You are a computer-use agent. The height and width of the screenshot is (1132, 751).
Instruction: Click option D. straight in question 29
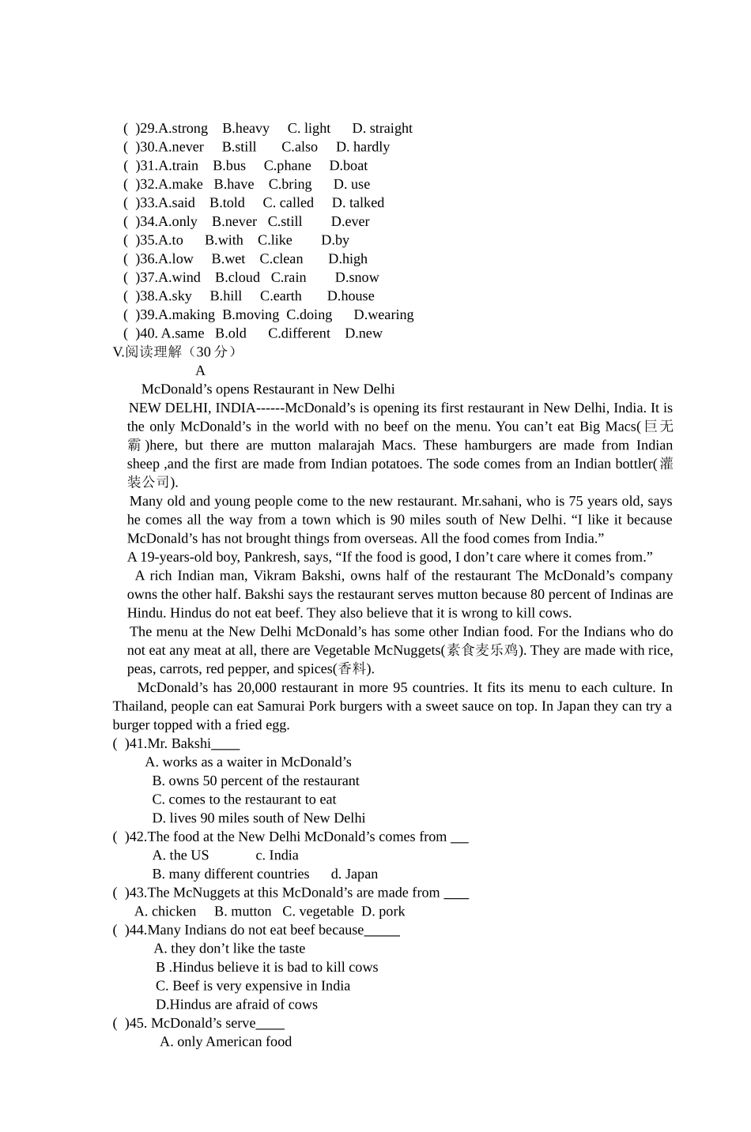click(x=382, y=129)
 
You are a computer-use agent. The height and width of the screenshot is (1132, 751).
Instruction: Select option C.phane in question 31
click(x=287, y=166)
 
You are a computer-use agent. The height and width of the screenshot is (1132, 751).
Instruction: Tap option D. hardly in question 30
click(x=362, y=147)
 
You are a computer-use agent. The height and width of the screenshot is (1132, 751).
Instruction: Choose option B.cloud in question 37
click(x=237, y=278)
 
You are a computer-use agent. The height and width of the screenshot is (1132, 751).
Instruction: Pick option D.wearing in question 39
click(x=383, y=315)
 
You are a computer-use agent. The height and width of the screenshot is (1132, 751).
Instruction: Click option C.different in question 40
click(x=299, y=333)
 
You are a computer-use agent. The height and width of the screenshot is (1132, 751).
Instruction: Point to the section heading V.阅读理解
click(x=174, y=352)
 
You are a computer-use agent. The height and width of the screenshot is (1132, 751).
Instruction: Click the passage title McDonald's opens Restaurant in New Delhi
click(x=268, y=389)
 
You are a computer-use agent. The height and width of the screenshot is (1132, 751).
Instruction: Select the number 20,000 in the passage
click(x=257, y=688)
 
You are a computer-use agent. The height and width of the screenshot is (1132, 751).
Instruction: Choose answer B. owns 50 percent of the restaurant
click(x=255, y=781)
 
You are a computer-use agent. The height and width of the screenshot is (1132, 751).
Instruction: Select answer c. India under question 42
click(x=277, y=856)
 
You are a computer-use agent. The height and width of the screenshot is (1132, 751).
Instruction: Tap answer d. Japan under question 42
click(x=354, y=874)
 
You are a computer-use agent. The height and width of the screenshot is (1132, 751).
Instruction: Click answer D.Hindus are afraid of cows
click(x=236, y=1005)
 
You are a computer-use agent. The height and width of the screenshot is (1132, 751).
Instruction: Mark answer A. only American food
click(x=225, y=1042)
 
